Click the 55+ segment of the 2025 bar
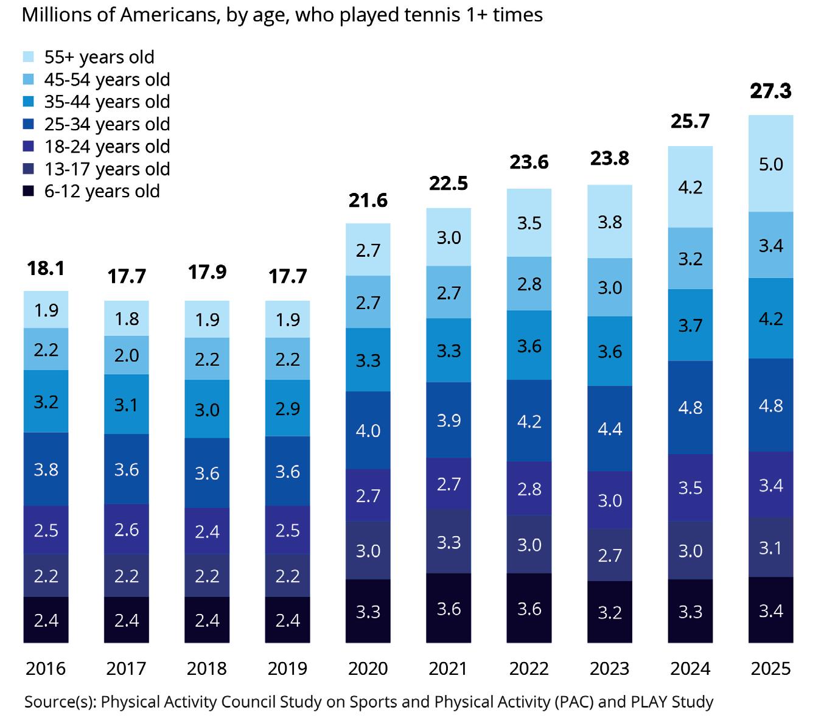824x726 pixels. click(x=770, y=164)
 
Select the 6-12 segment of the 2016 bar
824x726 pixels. click(x=46, y=620)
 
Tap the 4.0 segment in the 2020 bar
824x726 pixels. click(x=368, y=430)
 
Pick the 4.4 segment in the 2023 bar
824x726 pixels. click(x=609, y=428)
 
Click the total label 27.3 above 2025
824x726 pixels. click(x=770, y=91)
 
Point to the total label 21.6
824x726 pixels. click(x=368, y=200)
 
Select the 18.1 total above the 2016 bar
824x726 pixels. click(x=46, y=268)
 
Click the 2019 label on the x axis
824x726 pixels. click(x=287, y=669)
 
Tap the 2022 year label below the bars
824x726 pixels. click(x=529, y=669)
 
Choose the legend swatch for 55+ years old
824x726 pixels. click(x=29, y=57)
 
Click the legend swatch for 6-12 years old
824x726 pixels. click(x=29, y=192)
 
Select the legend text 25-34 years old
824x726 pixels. click(x=107, y=124)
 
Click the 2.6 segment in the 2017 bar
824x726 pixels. click(x=127, y=529)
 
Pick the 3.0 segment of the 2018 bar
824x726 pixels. click(x=207, y=409)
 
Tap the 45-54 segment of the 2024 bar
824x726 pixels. click(x=690, y=259)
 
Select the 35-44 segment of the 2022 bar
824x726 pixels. click(x=529, y=345)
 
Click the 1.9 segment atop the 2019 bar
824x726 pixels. click(x=287, y=319)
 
